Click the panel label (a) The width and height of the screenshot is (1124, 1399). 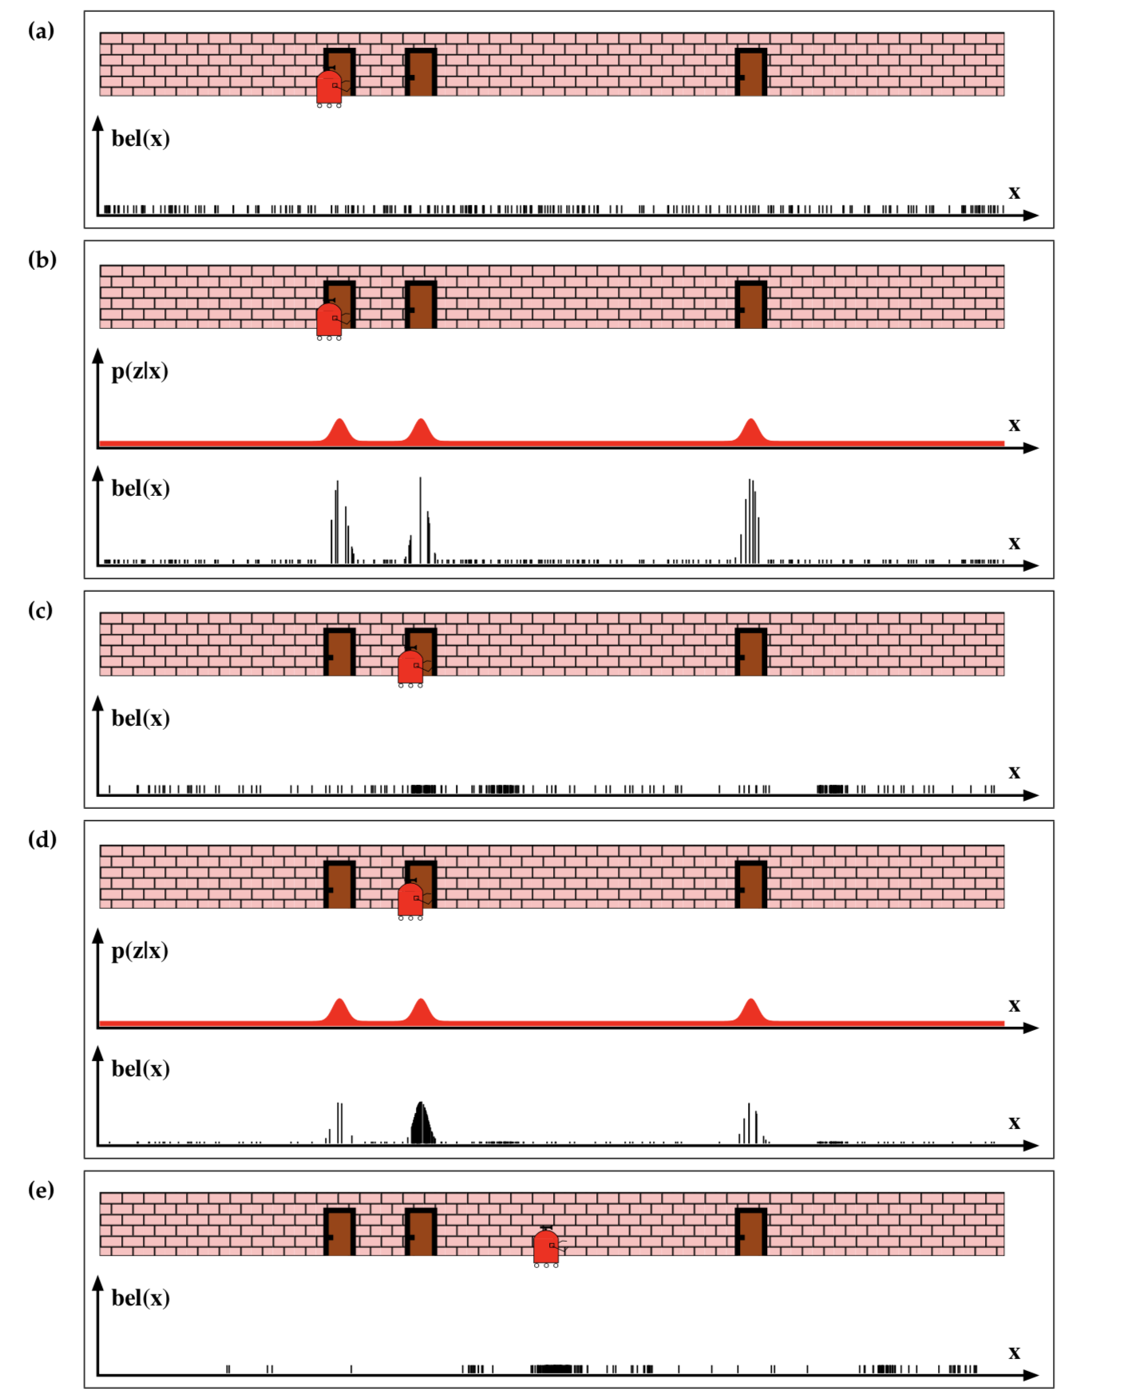[x=42, y=31]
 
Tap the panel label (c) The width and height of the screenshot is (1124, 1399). [x=41, y=611]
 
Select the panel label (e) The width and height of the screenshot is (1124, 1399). [x=42, y=1191]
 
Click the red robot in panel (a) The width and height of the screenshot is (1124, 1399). [x=330, y=89]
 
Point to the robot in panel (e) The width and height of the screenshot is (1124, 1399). [x=547, y=1247]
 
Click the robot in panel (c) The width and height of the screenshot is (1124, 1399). [x=411, y=668]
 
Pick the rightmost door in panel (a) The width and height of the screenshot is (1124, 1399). [x=751, y=72]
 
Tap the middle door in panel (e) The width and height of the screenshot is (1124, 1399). [x=421, y=1231]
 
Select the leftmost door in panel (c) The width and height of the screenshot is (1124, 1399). [x=339, y=652]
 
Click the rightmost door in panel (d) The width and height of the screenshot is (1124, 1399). [x=751, y=884]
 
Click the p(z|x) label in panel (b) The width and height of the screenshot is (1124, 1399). [x=140, y=371]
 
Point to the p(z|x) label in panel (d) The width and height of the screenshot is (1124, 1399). [x=140, y=951]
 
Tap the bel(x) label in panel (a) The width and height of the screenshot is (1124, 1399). [x=140, y=139]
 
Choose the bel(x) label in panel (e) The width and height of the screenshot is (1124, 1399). [x=140, y=1298]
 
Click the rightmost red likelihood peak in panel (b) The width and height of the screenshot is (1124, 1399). [x=750, y=431]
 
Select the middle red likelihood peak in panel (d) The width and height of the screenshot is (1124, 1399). [x=421, y=1011]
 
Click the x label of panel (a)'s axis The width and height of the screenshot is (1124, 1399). [x=1014, y=192]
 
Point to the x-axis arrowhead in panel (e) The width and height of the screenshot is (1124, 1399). [x=1031, y=1375]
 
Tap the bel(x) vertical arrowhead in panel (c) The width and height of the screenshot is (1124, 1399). [x=98, y=703]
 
